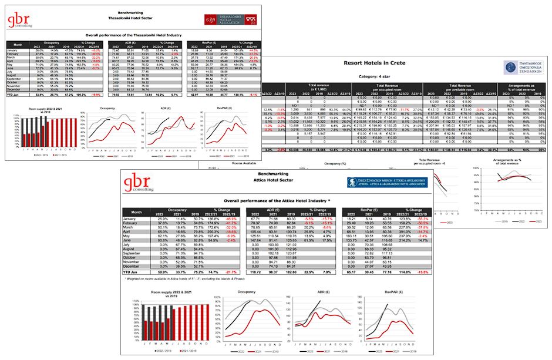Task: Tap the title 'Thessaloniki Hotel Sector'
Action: (x=110, y=15)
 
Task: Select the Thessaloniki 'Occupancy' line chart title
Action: (x=107, y=108)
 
